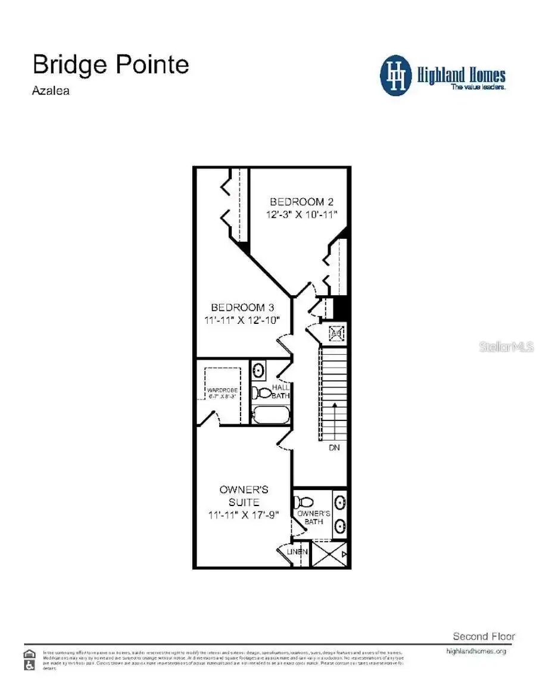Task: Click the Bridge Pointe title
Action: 111,64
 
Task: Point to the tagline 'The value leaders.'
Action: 478,87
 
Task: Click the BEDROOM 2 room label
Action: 297,202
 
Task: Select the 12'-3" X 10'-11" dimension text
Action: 298,214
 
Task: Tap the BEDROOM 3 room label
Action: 242,308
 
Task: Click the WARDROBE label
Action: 223,391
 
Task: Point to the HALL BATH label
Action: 281,391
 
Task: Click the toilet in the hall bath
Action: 260,393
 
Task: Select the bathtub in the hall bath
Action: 270,414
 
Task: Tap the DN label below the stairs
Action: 334,447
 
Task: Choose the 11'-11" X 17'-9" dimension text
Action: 244,515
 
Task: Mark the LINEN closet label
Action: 297,552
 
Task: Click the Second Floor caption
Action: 484,636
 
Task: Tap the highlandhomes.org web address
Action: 476,651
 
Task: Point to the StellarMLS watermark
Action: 506,346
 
